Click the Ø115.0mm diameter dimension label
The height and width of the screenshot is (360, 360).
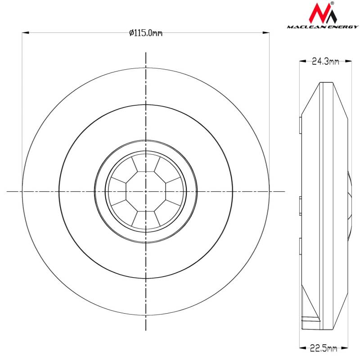(146, 33)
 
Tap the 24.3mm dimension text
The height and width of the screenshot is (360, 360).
(325, 61)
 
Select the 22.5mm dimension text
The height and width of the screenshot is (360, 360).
(324, 348)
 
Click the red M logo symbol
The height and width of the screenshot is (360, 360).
(323, 13)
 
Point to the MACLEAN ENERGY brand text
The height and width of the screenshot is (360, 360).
(323, 27)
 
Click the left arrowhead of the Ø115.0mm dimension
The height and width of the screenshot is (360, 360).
(25, 33)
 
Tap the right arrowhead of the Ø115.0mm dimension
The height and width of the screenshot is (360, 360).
(266, 33)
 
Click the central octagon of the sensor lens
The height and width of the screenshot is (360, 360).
(146, 191)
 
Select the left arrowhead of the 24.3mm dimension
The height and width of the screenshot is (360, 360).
(302, 61)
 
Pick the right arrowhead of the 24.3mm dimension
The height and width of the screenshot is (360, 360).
(348, 61)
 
